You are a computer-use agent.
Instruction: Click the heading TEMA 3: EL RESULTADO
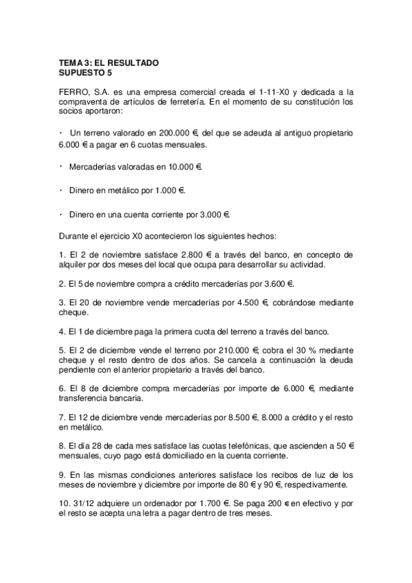(x=109, y=63)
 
